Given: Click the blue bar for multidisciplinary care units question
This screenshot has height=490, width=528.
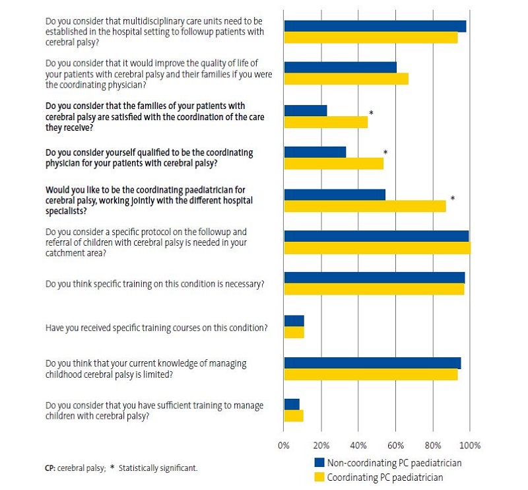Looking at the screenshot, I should tap(375, 26).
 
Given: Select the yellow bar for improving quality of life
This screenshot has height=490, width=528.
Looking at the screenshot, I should tap(346, 79).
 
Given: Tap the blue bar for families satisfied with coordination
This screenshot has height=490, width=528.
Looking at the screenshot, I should tap(306, 110).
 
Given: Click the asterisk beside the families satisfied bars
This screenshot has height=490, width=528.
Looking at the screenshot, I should tap(372, 114).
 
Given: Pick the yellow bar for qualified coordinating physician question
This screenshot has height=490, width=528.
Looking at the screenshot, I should tap(333, 164).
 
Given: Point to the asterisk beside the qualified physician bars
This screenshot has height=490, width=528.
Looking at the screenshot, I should tap(385, 153).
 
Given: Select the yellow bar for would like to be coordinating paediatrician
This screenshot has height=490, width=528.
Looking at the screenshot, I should tap(364, 205).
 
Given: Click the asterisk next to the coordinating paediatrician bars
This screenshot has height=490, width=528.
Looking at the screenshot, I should tap(453, 198).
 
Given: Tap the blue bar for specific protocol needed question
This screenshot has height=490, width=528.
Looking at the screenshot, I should tap(376, 236).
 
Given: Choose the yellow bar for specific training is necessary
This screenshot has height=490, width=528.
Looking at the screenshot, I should tap(374, 290).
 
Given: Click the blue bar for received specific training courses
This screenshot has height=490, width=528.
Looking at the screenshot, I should tap(294, 320).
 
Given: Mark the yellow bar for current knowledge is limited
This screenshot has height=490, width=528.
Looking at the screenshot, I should tap(370, 374).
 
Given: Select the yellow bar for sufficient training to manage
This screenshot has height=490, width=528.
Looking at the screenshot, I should tap(294, 416).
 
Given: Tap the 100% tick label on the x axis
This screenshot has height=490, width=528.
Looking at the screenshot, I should tap(470, 444).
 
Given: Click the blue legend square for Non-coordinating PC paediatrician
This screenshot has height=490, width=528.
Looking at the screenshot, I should tap(319, 462).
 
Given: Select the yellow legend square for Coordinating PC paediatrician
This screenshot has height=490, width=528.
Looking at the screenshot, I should tap(319, 477).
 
